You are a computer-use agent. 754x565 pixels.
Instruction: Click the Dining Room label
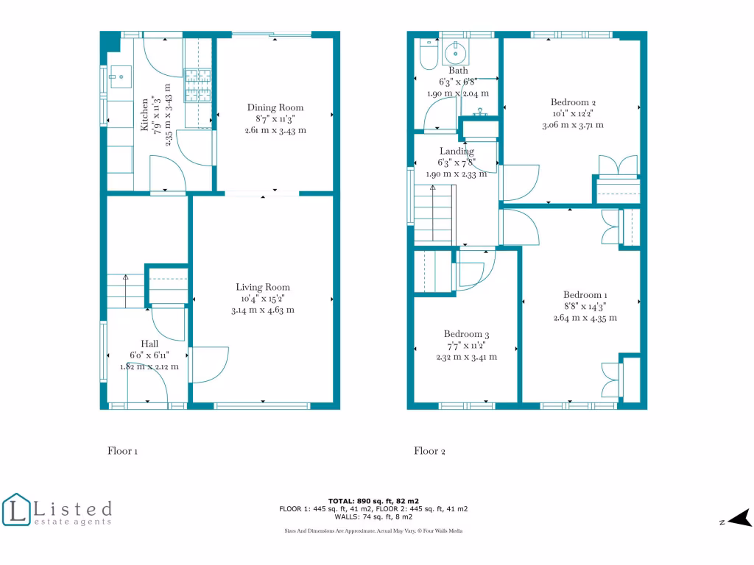click(x=275, y=107)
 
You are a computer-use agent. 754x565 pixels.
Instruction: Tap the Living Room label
click(x=263, y=287)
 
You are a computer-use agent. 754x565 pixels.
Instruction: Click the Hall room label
click(x=149, y=344)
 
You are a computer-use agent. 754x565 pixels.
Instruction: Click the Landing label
click(x=457, y=152)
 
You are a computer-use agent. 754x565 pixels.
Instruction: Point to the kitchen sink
click(x=117, y=76)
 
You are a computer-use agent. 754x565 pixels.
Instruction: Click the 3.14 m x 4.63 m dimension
click(x=263, y=310)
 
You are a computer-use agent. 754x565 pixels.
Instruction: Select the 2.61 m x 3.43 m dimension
click(x=275, y=130)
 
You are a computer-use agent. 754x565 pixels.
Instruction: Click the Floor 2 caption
click(x=429, y=451)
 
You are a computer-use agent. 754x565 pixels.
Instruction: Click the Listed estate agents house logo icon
click(x=17, y=510)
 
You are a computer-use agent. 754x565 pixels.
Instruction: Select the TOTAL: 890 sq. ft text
click(x=373, y=500)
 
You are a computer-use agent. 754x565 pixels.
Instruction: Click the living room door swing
click(x=209, y=364)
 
